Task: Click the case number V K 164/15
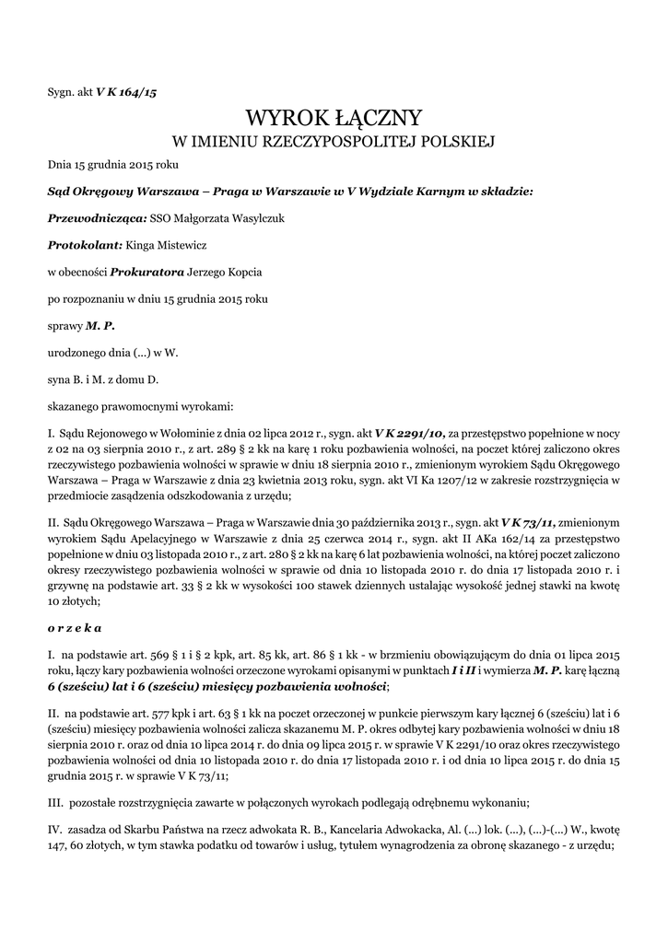point(126,92)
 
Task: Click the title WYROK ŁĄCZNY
point(334,118)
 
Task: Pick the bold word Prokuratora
point(146,273)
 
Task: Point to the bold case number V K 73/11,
point(529,520)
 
